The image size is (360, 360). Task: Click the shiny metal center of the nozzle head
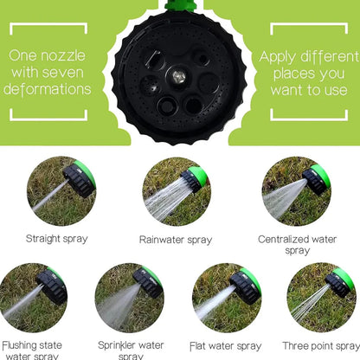[179, 76]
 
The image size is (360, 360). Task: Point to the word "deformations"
[47, 89]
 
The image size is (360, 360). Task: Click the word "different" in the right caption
[330, 56]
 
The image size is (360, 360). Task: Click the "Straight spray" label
[56, 239]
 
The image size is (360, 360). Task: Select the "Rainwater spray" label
[176, 240]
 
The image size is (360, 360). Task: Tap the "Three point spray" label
[321, 346]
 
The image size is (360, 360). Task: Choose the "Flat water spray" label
[226, 346]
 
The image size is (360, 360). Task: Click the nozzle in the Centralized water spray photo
[316, 178]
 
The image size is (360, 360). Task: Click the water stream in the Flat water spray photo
[214, 302]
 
